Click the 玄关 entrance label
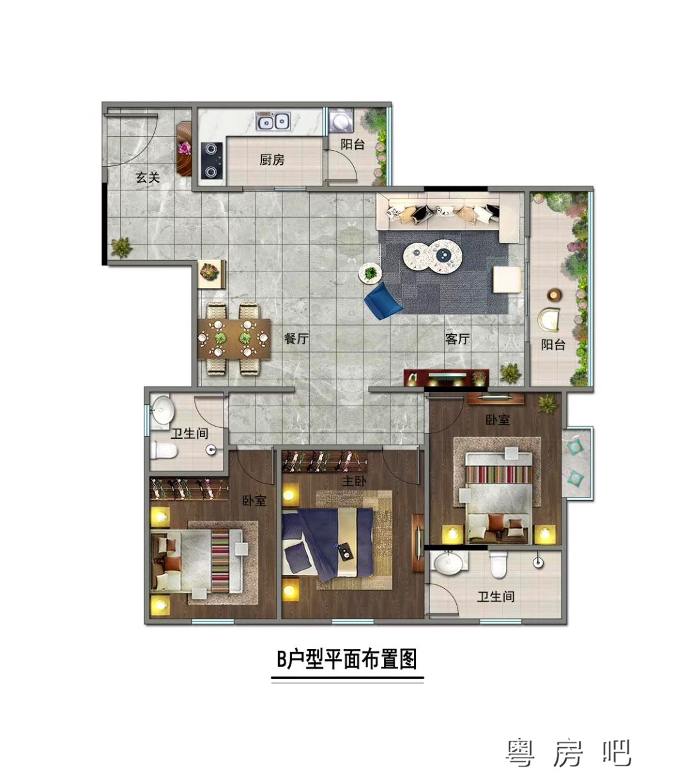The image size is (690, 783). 148,178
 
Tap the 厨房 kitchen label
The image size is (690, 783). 272,159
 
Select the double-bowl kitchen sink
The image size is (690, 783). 273,121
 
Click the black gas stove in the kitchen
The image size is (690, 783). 212,160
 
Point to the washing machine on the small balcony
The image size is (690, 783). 341,120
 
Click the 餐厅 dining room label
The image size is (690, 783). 296,338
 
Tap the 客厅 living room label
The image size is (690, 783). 457,338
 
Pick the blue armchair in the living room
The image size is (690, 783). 383,301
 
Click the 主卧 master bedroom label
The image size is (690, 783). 354,481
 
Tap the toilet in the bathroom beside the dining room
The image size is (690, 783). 164,450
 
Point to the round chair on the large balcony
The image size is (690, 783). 549,319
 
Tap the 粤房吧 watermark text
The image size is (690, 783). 568,753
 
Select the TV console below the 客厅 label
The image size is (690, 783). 446,377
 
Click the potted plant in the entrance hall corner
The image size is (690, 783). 121,247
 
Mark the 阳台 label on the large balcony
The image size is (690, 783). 553,344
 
